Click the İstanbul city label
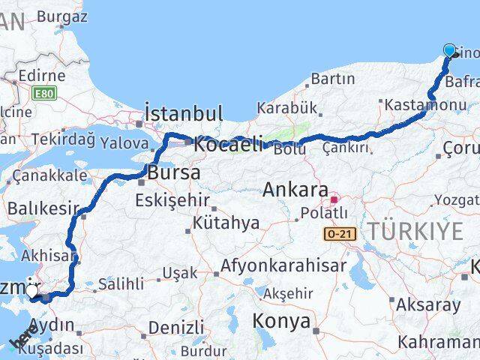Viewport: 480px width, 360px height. click(183, 114)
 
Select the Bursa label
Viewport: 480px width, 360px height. click(174, 172)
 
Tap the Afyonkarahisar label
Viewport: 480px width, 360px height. click(283, 265)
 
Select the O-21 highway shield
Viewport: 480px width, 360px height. click(337, 235)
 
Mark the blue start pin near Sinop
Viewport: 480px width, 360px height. click(450, 50)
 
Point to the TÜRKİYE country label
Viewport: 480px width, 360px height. click(414, 232)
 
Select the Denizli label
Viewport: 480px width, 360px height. click(175, 328)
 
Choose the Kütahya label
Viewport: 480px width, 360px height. click(226, 223)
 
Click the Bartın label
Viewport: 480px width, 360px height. click(332, 78)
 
